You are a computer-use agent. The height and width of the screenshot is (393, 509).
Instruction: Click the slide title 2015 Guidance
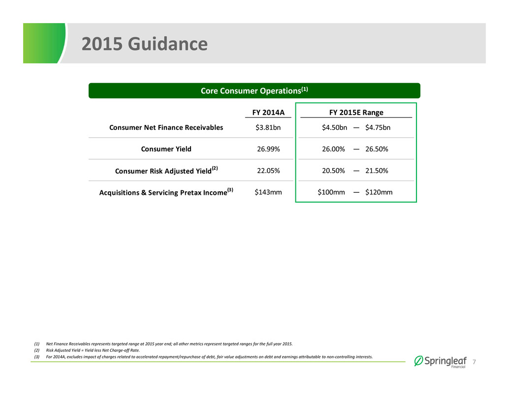click(x=144, y=44)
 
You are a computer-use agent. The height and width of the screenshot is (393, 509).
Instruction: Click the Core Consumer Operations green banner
click(x=254, y=91)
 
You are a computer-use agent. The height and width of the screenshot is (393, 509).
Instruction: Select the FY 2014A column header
click(x=268, y=112)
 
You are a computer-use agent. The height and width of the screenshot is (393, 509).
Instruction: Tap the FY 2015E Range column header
click(x=356, y=112)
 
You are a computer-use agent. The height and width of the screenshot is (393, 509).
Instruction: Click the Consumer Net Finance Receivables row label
click(x=166, y=127)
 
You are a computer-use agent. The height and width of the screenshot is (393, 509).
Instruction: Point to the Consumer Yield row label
click(x=166, y=149)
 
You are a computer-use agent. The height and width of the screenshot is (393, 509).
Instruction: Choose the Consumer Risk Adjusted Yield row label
click(x=166, y=170)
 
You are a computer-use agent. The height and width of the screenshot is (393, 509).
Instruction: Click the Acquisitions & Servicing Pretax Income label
click(x=166, y=192)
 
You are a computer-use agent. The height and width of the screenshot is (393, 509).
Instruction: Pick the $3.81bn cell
click(x=268, y=127)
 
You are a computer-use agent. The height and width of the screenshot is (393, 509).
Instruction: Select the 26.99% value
click(x=268, y=149)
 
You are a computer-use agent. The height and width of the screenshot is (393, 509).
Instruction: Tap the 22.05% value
click(x=268, y=171)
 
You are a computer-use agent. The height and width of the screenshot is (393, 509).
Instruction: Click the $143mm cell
click(x=268, y=192)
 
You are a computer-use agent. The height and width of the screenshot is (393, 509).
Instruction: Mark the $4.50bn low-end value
click(x=334, y=127)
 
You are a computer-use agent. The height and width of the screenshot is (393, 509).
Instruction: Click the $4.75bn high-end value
click(x=378, y=127)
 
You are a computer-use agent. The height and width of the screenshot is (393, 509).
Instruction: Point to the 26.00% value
click(x=333, y=149)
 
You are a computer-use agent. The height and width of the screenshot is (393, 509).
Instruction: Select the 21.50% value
click(x=377, y=171)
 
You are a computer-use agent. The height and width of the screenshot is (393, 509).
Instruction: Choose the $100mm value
click(x=331, y=192)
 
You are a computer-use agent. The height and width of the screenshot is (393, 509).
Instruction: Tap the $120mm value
click(x=379, y=192)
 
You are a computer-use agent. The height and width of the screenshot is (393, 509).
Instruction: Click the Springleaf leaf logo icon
click(x=418, y=361)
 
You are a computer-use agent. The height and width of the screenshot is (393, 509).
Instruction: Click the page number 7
click(x=474, y=362)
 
